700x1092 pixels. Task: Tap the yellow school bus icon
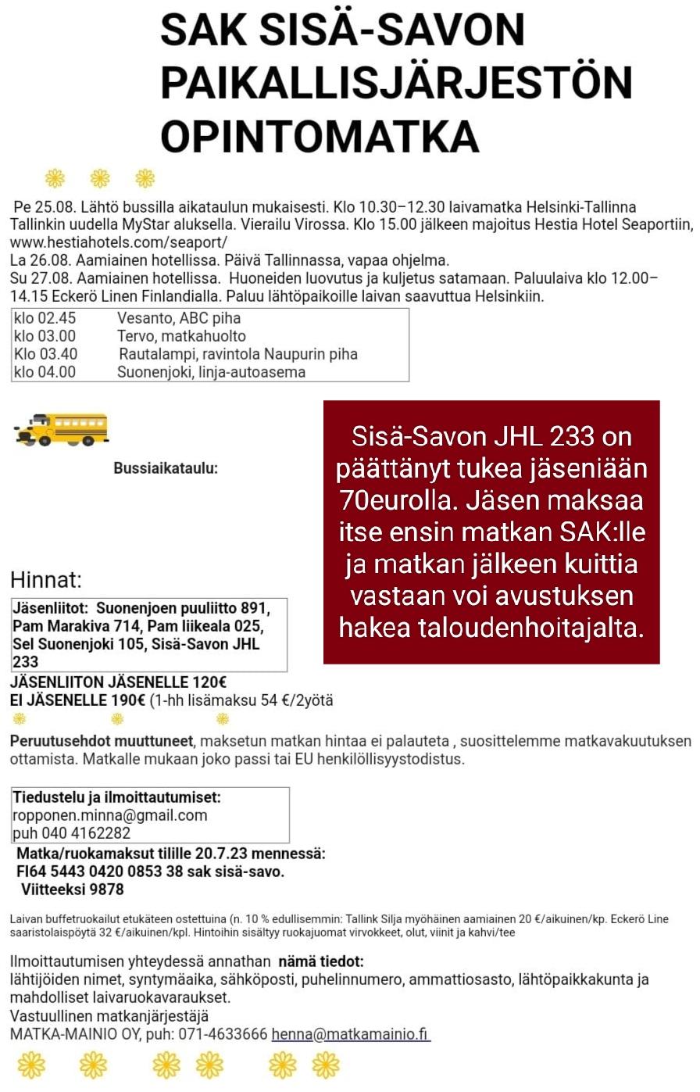pos(61,428)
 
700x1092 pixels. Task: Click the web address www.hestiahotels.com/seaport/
pos(118,242)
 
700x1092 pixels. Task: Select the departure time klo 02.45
pos(45,318)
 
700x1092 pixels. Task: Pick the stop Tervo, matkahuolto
pos(181,336)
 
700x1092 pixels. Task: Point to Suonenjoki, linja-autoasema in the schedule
pos(211,372)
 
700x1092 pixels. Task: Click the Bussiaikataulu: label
pos(166,468)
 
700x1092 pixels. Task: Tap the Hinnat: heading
pos(46,580)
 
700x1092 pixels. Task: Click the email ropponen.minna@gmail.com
pos(110,815)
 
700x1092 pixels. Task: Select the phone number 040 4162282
pos(85,833)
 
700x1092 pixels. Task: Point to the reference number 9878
pos(106,890)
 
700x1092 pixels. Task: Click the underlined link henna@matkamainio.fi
pos(350,1034)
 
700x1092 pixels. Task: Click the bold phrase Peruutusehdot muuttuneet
pos(101,741)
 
